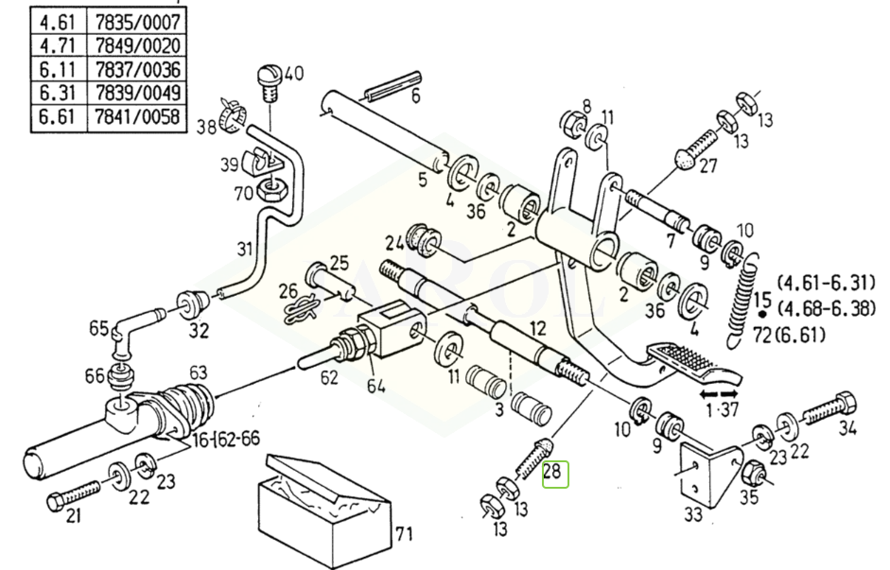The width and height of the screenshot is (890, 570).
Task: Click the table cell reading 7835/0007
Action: point(137,23)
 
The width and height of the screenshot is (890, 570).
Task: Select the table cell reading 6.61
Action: point(59,117)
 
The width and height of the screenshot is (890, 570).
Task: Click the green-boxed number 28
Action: point(554,475)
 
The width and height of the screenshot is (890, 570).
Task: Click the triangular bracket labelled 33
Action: point(711,471)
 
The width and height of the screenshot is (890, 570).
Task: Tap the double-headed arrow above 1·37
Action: point(719,393)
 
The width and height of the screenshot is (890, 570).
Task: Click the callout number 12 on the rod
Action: point(537,328)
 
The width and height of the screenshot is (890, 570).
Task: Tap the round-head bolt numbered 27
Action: point(696,148)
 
